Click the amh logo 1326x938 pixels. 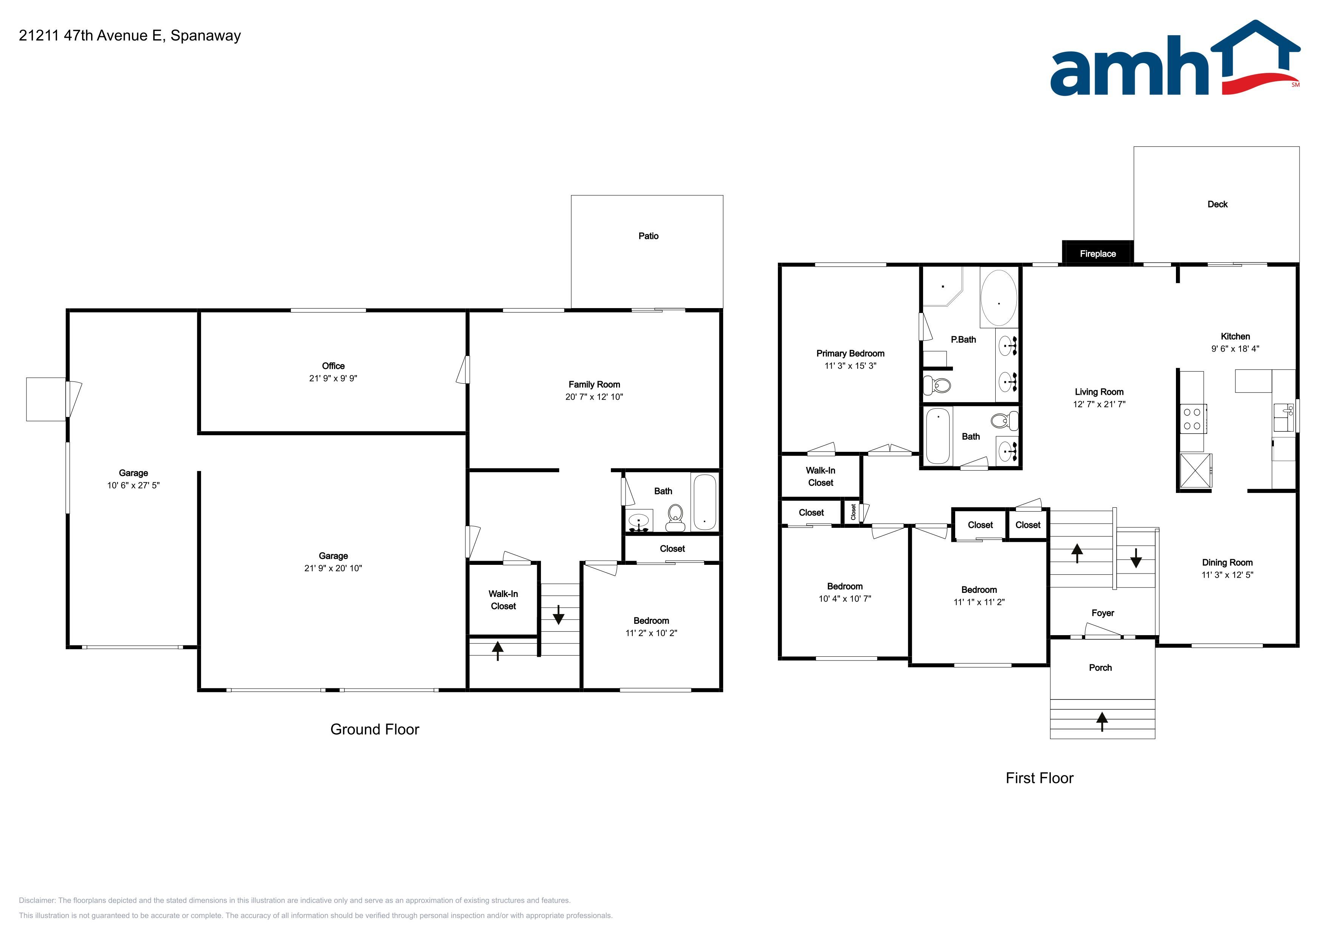click(1175, 59)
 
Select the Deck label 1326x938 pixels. click(1218, 204)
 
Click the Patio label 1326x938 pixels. click(648, 236)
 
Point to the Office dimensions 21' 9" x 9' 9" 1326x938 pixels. click(333, 378)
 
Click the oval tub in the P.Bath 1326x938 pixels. click(999, 298)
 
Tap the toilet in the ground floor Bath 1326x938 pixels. click(675, 518)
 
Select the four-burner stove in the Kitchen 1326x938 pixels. click(1193, 419)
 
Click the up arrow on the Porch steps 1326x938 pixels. click(1102, 721)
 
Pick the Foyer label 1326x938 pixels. click(1103, 613)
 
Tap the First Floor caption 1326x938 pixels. click(1039, 778)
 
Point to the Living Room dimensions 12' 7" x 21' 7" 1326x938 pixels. click(1099, 404)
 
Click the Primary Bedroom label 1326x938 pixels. click(850, 353)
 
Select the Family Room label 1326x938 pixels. click(594, 385)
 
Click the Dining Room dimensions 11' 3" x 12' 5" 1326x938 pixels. click(1227, 575)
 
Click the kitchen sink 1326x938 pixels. click(1283, 417)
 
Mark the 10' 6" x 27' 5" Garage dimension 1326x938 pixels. click(133, 485)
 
